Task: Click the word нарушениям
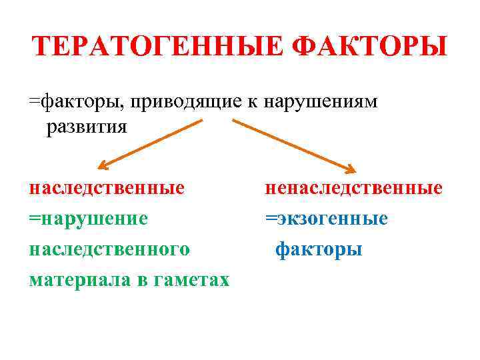[321, 102]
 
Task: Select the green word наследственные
[107, 188]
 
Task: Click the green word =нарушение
[88, 219]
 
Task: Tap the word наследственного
[109, 249]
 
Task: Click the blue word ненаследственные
[353, 188]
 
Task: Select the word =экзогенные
[326, 219]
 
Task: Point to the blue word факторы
[319, 249]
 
